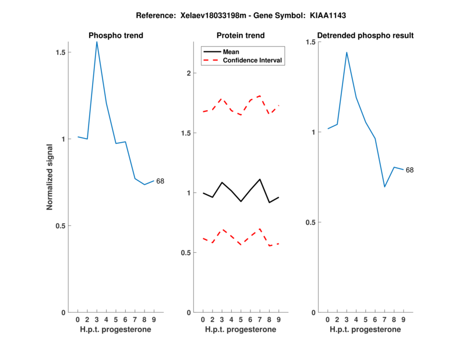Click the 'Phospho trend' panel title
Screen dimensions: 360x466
pos(115,36)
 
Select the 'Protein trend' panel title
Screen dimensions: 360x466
pos(241,36)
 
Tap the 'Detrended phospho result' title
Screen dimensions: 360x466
pos(365,36)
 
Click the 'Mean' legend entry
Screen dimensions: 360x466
pos(231,52)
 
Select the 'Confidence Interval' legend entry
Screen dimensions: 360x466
pos(252,60)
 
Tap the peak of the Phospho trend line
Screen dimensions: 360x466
pos(97,41)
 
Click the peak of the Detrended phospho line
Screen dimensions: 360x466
pos(347,52)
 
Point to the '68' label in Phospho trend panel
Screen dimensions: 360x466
pos(160,181)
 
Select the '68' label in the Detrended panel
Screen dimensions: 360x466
pos(409,170)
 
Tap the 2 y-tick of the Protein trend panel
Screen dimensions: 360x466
pos(188,73)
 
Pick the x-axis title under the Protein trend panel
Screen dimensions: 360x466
pos(241,329)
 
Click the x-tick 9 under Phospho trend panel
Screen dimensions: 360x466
pos(154,319)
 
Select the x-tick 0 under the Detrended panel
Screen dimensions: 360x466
pos(328,319)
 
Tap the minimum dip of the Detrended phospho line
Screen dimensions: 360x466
pos(384,187)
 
